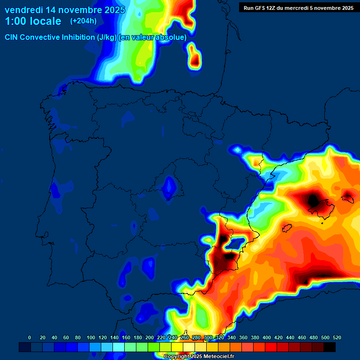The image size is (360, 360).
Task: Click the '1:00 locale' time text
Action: click(33, 21)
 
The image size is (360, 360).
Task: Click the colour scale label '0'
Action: click(30, 337)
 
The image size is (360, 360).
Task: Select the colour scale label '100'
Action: click(91, 337)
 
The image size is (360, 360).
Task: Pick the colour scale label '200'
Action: click(150, 337)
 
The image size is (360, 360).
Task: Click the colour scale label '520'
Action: click(337, 337)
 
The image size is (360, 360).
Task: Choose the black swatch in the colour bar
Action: click(330, 347)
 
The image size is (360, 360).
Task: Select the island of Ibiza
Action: click(287, 228)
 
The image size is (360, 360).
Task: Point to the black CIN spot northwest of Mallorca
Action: click(313, 200)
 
